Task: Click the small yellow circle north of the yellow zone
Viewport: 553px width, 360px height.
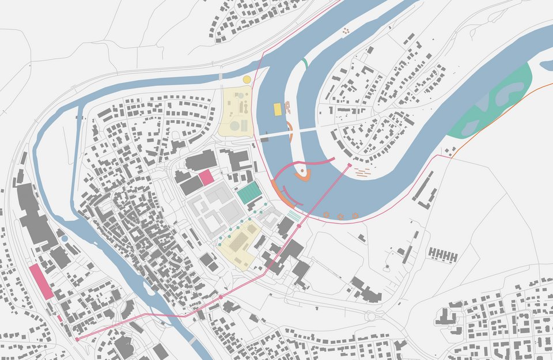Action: [x=247, y=79]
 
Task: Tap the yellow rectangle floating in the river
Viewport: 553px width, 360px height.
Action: [x=278, y=108]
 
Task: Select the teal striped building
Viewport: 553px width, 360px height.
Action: [x=249, y=192]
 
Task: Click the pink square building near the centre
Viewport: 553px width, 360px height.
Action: [x=206, y=177]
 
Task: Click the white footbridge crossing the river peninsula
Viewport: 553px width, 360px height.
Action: [x=288, y=132]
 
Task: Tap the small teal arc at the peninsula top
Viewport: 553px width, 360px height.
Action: [x=304, y=62]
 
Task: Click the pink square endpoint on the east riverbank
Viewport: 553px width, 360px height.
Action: [x=349, y=165]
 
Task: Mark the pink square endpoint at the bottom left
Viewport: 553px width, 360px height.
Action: [x=77, y=339]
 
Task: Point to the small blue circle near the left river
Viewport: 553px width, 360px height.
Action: [x=65, y=238]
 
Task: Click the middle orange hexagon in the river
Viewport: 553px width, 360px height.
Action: [x=340, y=216]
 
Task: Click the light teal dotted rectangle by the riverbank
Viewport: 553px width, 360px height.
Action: [x=294, y=215]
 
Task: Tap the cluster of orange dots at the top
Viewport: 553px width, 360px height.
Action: [x=346, y=31]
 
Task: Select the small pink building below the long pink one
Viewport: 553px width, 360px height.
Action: [x=59, y=317]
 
